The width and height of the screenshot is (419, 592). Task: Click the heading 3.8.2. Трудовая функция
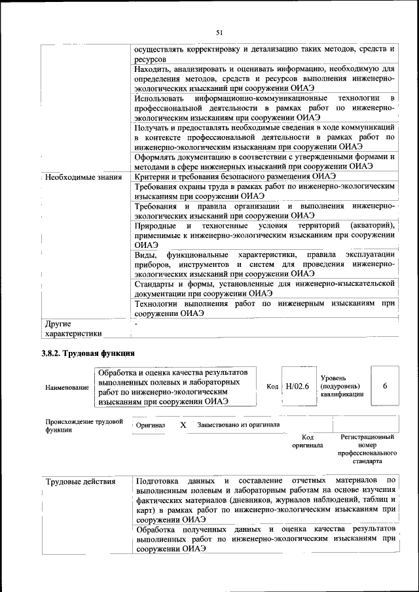point(88,354)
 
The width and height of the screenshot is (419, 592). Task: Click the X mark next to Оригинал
point(183,425)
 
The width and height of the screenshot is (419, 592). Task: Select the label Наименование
point(67,388)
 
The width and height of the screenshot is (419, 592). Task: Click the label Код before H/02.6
point(273,387)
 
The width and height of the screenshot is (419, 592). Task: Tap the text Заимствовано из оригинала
point(238,425)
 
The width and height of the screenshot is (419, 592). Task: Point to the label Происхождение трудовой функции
point(84,426)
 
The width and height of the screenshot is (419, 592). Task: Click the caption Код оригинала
point(308,440)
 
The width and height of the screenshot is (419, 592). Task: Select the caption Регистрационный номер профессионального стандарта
point(367,448)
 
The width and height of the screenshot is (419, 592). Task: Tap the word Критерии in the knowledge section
point(153,177)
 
